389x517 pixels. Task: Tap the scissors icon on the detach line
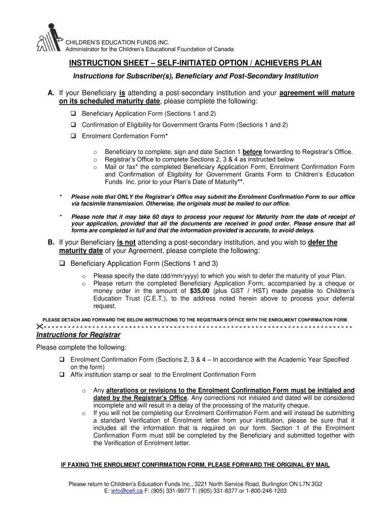click(x=40, y=327)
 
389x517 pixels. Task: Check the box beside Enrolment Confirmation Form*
click(x=73, y=136)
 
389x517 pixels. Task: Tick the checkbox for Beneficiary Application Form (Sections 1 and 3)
click(x=63, y=264)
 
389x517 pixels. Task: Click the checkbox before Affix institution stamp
click(x=62, y=375)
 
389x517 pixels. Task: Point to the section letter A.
click(x=51, y=93)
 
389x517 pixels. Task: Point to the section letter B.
click(x=51, y=242)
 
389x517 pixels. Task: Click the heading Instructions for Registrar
click(x=78, y=335)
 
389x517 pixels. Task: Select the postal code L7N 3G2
click(x=310, y=483)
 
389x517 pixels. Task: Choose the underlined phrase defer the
click(x=322, y=242)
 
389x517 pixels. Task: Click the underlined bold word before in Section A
click(x=251, y=151)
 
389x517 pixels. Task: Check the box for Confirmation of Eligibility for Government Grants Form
click(x=73, y=125)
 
